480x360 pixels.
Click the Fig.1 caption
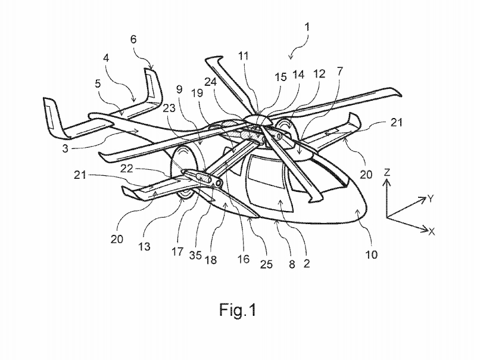tap(239, 310)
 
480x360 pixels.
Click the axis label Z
tap(387, 172)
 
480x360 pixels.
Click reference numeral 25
tap(266, 263)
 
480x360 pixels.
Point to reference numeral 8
tap(291, 260)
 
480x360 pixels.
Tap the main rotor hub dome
tap(261, 120)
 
